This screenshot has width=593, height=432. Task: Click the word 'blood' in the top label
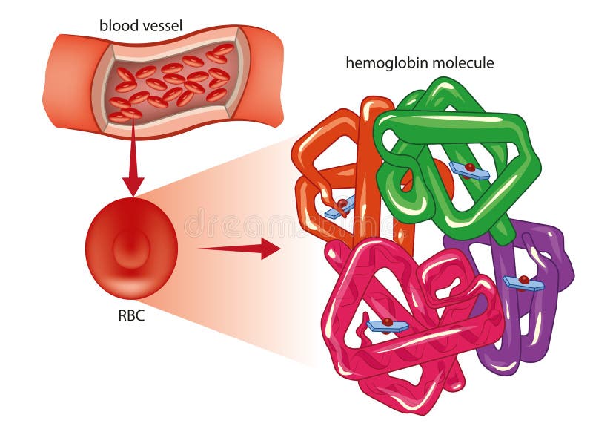tap(117, 26)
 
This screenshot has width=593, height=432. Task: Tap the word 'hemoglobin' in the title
tap(382, 63)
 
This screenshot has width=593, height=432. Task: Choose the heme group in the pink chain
tap(387, 325)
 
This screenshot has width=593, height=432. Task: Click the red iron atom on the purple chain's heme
tap(524, 279)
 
